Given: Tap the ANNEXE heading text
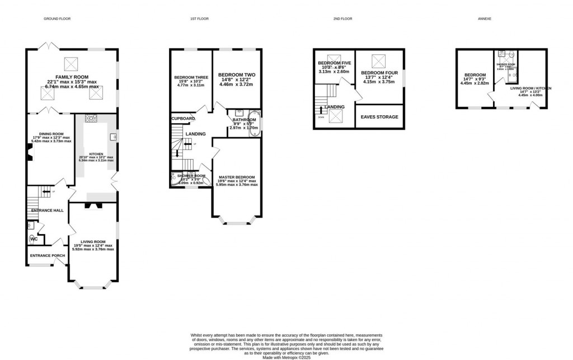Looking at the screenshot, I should tap(485, 18).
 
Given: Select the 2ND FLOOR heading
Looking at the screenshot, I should tap(342, 18).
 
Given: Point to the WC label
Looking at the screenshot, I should tap(35, 239).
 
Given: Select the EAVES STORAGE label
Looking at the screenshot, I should tap(380, 117).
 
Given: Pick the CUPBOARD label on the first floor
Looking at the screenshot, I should tap(184, 119).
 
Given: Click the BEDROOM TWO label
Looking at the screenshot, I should tap(237, 74).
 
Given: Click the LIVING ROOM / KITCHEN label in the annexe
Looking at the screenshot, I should tap(530, 88).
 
